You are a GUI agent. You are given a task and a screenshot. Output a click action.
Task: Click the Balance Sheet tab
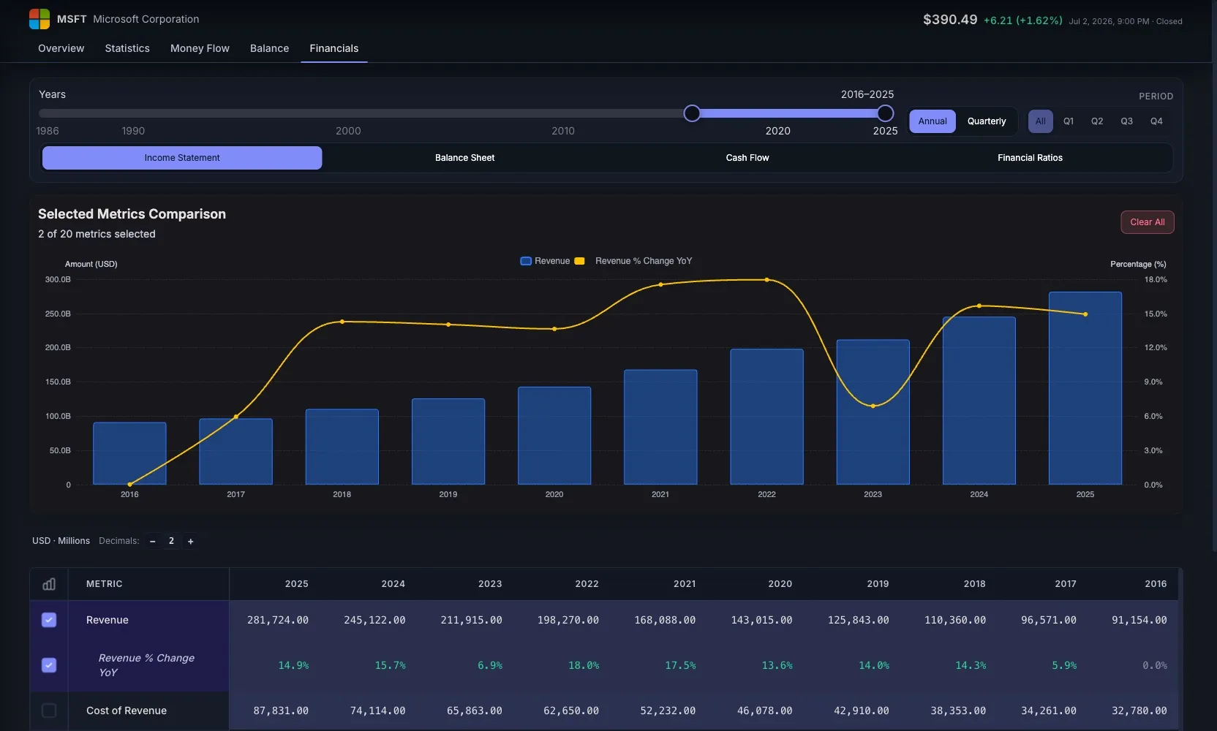(x=464, y=157)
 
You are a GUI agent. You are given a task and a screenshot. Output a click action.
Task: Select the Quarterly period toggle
(x=986, y=121)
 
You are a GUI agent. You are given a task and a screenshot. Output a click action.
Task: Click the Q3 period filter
(x=1126, y=121)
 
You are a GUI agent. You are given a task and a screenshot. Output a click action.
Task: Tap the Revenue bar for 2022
(x=766, y=417)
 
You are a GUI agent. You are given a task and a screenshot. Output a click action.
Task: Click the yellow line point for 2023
(x=873, y=406)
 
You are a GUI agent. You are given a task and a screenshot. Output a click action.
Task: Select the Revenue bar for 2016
(x=129, y=453)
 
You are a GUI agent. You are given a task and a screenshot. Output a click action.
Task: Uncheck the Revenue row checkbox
(x=49, y=620)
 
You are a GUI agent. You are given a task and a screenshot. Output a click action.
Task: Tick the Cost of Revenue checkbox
(x=49, y=711)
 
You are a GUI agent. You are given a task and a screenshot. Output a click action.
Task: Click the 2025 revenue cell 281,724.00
(x=278, y=620)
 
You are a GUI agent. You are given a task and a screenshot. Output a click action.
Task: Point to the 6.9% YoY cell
(x=490, y=665)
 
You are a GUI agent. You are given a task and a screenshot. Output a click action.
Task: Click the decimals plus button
(x=190, y=541)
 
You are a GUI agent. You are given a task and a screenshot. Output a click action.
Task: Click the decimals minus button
(x=153, y=541)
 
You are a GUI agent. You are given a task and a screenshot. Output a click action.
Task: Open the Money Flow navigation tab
(x=200, y=48)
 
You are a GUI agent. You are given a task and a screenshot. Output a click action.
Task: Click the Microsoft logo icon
(x=39, y=19)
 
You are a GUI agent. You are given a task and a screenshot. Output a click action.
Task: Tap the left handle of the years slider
(x=692, y=113)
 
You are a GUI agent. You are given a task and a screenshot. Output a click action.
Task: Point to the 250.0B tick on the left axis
(x=58, y=314)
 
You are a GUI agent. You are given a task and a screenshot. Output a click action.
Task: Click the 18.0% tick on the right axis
(x=1156, y=280)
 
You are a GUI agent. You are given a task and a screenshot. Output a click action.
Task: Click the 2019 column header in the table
(x=878, y=584)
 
